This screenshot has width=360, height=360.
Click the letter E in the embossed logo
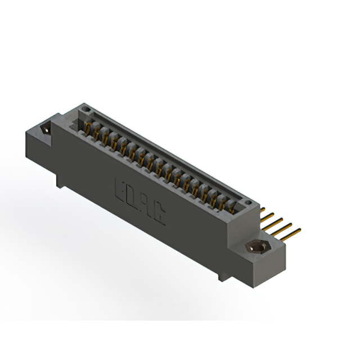119,188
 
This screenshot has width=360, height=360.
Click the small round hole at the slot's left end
84,107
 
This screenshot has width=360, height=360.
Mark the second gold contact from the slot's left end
96,134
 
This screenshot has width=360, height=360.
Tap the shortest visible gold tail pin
262,209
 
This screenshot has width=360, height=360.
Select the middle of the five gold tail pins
275,220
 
